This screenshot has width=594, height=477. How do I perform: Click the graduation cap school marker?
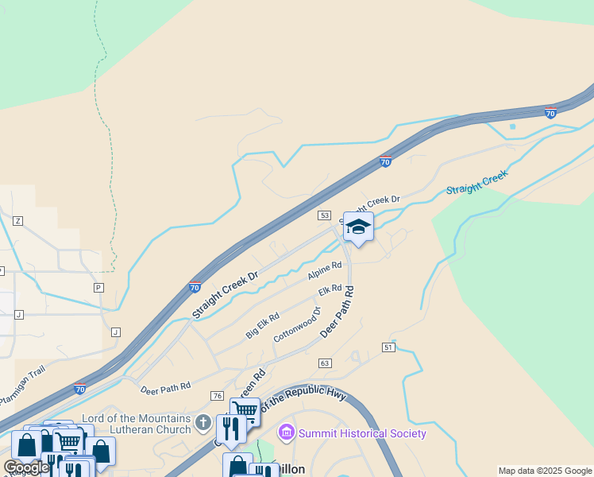coord(358,227)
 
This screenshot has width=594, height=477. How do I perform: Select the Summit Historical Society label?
coord(361,433)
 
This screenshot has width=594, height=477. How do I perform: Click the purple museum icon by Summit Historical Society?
coord(286,433)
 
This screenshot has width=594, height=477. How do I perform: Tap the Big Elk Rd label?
coord(262,326)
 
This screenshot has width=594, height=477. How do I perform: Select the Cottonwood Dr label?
coord(296,324)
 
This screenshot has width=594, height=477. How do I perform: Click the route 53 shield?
coord(324,215)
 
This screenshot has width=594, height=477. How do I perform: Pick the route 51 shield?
coord(388,347)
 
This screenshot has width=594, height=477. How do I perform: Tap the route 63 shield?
coord(324,363)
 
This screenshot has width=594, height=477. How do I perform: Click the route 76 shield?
coord(217,395)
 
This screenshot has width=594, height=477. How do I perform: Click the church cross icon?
coord(203,423)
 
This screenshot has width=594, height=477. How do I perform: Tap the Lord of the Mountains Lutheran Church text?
coord(137,424)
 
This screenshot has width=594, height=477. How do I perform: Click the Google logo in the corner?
coord(25,467)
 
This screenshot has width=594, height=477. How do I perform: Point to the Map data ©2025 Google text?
coord(545,471)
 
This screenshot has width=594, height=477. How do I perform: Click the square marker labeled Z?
coord(17,220)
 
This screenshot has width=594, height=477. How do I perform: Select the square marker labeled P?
coord(98,287)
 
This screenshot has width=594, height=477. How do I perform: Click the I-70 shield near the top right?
coord(550,113)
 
